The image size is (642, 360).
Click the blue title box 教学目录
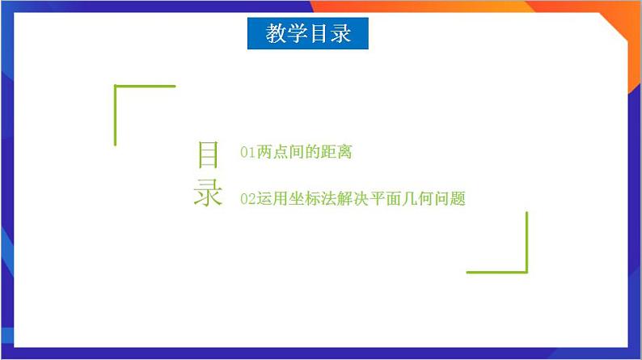[x=308, y=34]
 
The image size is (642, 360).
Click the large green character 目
[x=208, y=155]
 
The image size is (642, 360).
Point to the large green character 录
[x=208, y=194]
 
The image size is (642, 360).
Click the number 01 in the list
[x=247, y=152]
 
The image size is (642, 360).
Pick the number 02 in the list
[x=247, y=199]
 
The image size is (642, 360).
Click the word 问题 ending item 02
[x=450, y=199]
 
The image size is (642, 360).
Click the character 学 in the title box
[x=297, y=34]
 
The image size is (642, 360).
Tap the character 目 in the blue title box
[x=319, y=34]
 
